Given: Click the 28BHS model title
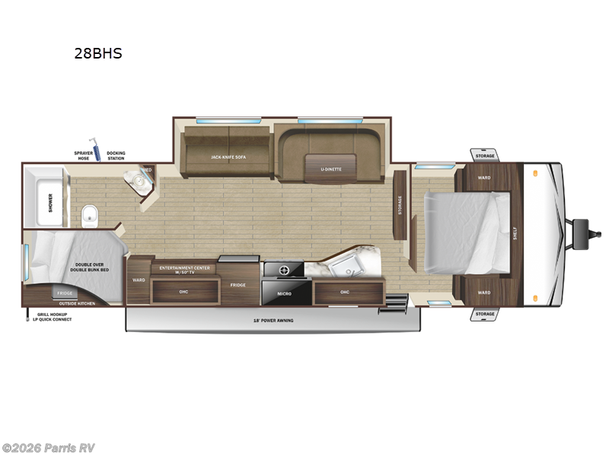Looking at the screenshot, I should [97, 53].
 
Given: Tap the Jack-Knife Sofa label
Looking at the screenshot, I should [228, 157].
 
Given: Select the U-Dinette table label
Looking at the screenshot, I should [330, 168].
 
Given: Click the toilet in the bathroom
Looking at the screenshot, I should [91, 216].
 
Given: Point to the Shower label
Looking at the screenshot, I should [51, 202].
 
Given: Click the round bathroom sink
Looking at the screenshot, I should [138, 180].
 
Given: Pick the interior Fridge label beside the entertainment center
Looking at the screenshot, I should [238, 283].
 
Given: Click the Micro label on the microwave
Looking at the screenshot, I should [284, 293].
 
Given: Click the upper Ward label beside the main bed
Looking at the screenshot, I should [484, 178].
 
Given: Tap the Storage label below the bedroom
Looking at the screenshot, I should [485, 313].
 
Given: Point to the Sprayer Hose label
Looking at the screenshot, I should [83, 156].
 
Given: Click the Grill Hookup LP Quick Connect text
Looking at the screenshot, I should [51, 317].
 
